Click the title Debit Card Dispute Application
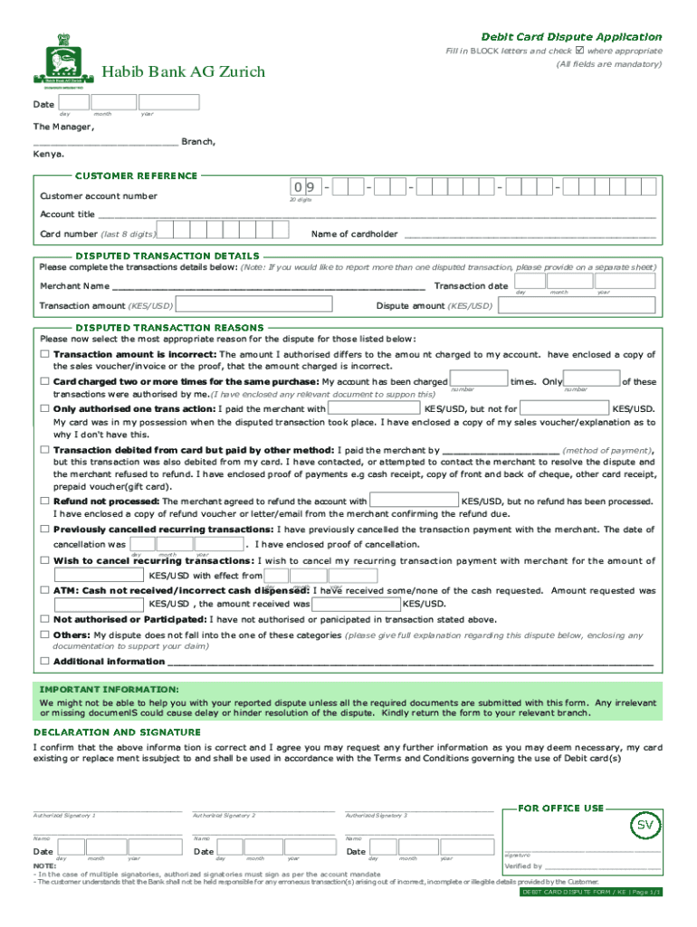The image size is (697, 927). coord(570,36)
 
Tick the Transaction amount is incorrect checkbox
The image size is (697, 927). coord(43,354)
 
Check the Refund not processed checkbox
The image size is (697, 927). coord(43,501)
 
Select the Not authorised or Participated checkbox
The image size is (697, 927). coord(43,619)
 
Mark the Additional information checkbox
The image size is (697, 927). coord(43,661)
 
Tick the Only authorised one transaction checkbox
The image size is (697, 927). coord(43,408)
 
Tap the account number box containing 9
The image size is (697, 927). coord(310,188)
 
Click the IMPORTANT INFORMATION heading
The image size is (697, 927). coord(109,690)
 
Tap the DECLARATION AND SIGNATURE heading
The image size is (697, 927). coord(117,731)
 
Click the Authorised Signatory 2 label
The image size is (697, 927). coord(224,816)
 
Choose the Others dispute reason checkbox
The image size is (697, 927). coord(43,635)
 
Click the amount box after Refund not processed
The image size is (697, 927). coord(414,501)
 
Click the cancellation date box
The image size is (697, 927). coord(186,545)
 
